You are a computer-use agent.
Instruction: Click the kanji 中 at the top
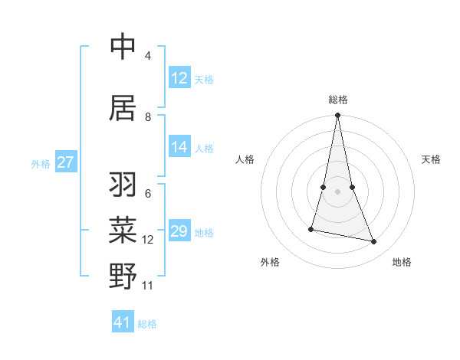click(123, 47)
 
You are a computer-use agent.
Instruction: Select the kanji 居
click(123, 108)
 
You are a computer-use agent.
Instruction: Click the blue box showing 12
click(179, 78)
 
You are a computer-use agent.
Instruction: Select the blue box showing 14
click(179, 148)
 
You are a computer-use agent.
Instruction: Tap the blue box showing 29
click(179, 231)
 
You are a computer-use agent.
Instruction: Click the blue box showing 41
click(123, 322)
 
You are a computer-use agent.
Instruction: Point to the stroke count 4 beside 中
click(147, 56)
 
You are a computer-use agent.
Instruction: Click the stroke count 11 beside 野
click(148, 286)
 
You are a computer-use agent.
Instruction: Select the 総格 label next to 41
click(147, 324)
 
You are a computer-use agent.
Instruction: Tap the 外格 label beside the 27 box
click(41, 164)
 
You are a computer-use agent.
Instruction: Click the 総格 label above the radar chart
click(337, 100)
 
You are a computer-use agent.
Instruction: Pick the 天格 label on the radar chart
click(431, 159)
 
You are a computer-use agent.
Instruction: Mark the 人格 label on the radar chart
click(245, 159)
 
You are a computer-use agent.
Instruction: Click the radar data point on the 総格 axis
click(337, 116)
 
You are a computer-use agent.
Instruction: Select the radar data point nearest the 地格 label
click(374, 242)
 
